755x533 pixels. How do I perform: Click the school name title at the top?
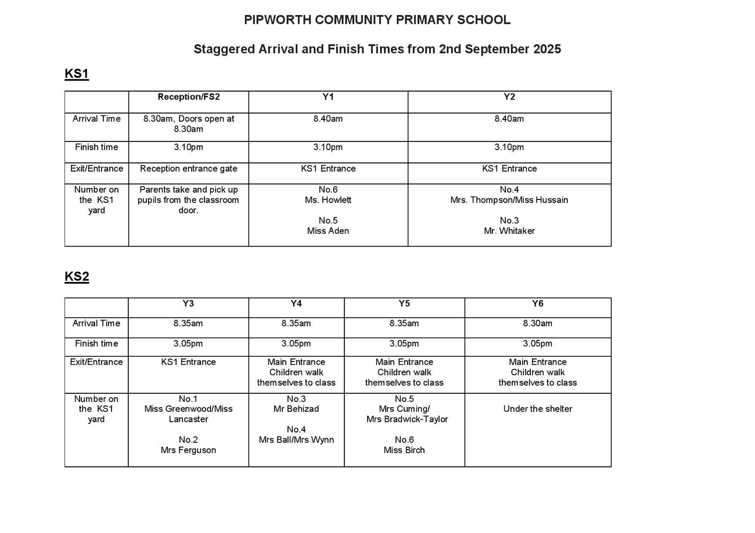click(377, 20)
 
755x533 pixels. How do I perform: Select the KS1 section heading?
click(77, 74)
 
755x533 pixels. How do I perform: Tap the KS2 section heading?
click(77, 277)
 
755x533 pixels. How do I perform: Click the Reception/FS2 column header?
click(189, 97)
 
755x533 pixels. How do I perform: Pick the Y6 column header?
click(537, 303)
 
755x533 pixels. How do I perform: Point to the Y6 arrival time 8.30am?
click(537, 323)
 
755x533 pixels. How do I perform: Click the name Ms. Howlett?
click(328, 200)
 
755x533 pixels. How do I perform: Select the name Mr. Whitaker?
click(509, 231)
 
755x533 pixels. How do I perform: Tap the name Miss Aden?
click(328, 231)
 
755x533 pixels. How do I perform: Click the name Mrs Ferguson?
click(188, 450)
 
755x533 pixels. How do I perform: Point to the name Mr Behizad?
click(296, 409)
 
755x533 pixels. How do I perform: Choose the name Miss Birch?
click(404, 450)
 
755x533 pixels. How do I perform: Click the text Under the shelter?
click(537, 409)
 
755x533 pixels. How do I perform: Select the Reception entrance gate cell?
click(189, 169)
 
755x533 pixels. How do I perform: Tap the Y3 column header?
click(188, 303)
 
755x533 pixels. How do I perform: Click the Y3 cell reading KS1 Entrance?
click(188, 362)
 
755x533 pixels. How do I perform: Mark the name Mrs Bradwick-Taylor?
click(407, 419)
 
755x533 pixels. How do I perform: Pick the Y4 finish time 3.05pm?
click(296, 343)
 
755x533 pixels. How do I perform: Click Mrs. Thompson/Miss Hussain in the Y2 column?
click(509, 200)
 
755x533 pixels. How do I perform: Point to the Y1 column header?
click(328, 97)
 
